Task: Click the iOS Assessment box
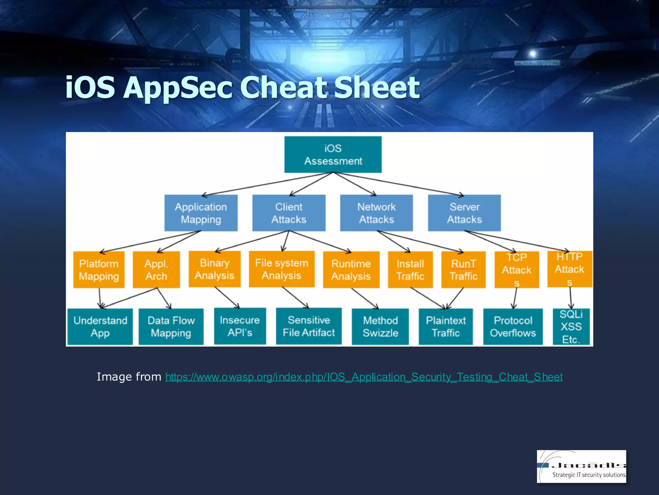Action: [x=333, y=155]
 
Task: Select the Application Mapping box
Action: [x=201, y=213]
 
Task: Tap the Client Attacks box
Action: [x=289, y=213]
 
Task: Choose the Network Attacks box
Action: [x=376, y=213]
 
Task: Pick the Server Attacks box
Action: [x=464, y=213]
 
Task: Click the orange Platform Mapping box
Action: [x=99, y=270]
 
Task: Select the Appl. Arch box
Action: [x=156, y=270]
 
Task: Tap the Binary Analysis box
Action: [x=215, y=269]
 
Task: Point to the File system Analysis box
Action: [x=282, y=269]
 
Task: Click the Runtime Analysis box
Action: [x=351, y=270]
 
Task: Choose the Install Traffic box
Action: [x=410, y=270]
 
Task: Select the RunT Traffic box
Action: [x=463, y=270]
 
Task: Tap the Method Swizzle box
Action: [x=380, y=326]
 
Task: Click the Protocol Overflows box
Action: [x=513, y=326]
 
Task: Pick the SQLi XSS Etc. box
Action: [x=571, y=326]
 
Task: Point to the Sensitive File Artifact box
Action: [x=309, y=326]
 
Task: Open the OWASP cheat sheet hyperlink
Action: [x=364, y=377]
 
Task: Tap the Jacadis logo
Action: [x=581, y=466]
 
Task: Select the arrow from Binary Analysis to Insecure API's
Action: [x=227, y=297]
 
